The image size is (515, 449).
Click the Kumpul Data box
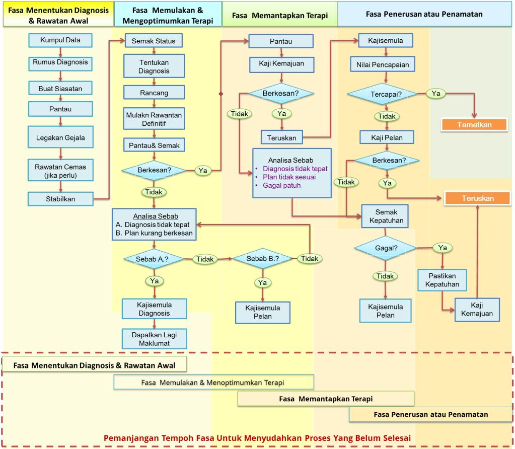pyautogui.click(x=60, y=40)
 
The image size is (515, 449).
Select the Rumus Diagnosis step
pyautogui.click(x=60, y=62)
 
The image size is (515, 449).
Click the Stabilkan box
pyautogui.click(x=60, y=199)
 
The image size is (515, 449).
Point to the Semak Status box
pyautogui.click(x=154, y=41)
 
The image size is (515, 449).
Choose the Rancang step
pyautogui.click(x=154, y=93)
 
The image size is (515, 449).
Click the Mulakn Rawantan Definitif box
pyautogui.click(x=154, y=119)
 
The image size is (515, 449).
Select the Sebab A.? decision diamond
pyautogui.click(x=152, y=259)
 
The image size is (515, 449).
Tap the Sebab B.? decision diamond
pyautogui.click(x=262, y=259)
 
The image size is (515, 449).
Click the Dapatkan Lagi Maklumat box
pyautogui.click(x=154, y=339)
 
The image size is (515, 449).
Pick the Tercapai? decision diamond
pyautogui.click(x=386, y=94)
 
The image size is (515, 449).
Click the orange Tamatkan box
pyautogui.click(x=474, y=124)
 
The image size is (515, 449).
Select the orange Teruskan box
pyautogui.click(x=478, y=198)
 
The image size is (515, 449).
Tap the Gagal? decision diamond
pyautogui.click(x=385, y=248)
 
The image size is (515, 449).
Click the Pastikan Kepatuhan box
pyautogui.click(x=443, y=280)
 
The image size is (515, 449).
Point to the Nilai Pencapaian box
pyautogui.click(x=386, y=64)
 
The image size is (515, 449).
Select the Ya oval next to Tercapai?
pyautogui.click(x=436, y=93)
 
